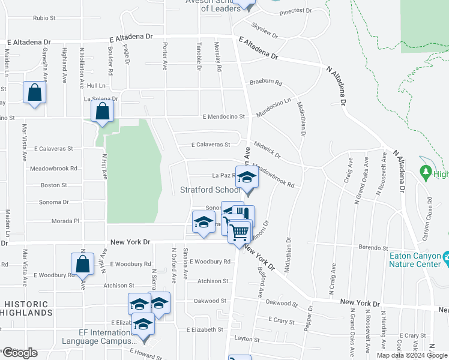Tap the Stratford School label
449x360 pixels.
click(210, 190)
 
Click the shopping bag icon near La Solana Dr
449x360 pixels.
click(103, 110)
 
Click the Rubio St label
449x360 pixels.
click(44, 18)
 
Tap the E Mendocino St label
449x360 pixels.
click(223, 116)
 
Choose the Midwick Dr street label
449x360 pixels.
click(267, 151)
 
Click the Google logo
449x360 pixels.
click(20, 353)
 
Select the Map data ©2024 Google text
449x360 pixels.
click(411, 355)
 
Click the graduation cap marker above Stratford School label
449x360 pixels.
click(246, 177)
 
